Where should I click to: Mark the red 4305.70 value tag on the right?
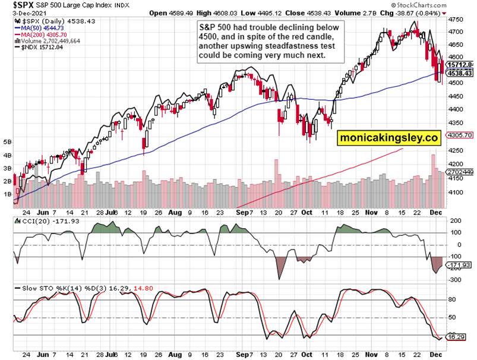pos(460,135)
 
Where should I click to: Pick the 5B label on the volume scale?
pos(8,143)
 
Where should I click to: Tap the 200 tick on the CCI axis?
pos(456,221)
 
